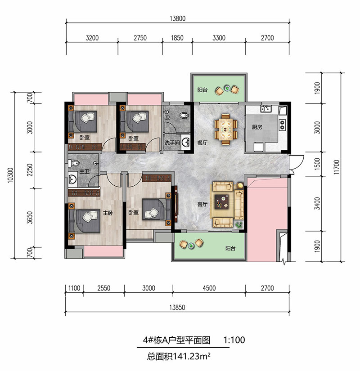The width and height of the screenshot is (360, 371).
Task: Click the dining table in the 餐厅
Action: pyautogui.click(x=226, y=129)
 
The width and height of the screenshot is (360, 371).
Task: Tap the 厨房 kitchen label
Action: pyautogui.click(x=257, y=127)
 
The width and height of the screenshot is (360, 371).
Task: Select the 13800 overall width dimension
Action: pyautogui.click(x=178, y=18)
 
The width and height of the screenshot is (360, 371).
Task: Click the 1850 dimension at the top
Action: pyautogui.click(x=177, y=38)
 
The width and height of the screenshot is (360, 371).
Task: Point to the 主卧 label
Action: pyautogui.click(x=108, y=213)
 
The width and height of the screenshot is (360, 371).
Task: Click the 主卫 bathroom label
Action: pyautogui.click(x=85, y=171)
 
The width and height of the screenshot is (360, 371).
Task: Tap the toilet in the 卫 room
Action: pyautogui.click(x=184, y=116)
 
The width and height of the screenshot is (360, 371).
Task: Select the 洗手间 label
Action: pyautogui.click(x=172, y=143)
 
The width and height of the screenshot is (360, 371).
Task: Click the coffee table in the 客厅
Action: pyautogui.click(x=222, y=202)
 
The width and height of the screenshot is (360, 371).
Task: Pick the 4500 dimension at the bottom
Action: pyautogui.click(x=209, y=288)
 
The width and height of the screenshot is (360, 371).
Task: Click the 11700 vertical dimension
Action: pyautogui.click(x=337, y=167)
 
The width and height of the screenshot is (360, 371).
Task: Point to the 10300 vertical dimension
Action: pyautogui.click(x=10, y=175)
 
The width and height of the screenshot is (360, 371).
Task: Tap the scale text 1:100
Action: pyautogui.click(x=234, y=340)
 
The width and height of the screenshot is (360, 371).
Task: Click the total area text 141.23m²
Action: pyautogui.click(x=192, y=356)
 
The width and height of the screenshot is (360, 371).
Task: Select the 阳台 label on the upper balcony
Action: pyautogui.click(x=202, y=90)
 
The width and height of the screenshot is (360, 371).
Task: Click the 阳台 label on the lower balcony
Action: pyautogui.click(x=230, y=248)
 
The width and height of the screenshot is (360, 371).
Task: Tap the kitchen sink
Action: pyautogui.click(x=266, y=109)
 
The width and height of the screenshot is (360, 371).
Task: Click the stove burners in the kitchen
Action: pyautogui.click(x=282, y=125)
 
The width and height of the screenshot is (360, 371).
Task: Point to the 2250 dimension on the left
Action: pyautogui.click(x=30, y=170)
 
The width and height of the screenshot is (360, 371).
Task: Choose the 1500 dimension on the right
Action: pyautogui.click(x=317, y=164)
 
